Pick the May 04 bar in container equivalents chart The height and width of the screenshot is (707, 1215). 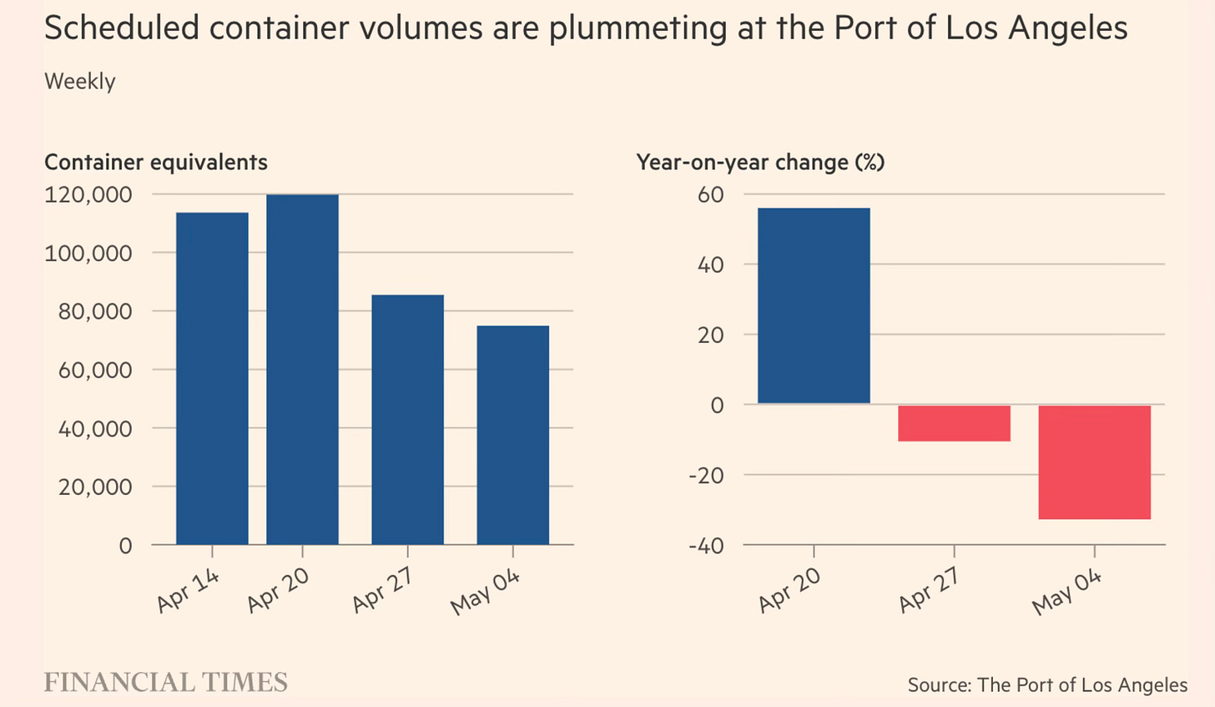(512, 435)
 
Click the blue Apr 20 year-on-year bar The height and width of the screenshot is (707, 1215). (814, 306)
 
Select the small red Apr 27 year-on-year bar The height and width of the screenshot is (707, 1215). (954, 423)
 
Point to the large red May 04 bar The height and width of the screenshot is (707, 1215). (1094, 462)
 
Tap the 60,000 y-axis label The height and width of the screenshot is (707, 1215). (95, 370)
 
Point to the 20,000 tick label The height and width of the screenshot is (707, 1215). (95, 487)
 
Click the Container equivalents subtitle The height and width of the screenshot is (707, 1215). (156, 162)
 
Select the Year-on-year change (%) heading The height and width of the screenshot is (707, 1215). (760, 162)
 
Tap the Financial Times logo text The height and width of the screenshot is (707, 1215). (165, 682)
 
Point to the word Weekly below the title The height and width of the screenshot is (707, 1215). (80, 82)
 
